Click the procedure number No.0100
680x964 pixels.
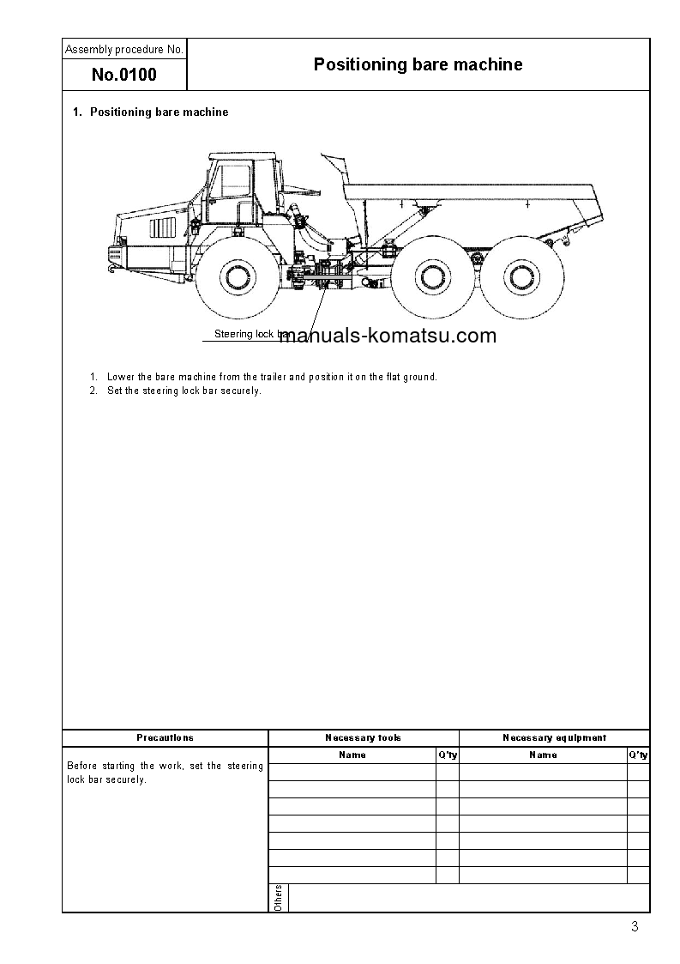[124, 75]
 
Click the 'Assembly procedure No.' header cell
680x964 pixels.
[124, 50]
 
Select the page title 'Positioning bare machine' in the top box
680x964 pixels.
[418, 64]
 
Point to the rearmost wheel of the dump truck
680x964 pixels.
[516, 276]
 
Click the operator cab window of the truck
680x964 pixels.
[232, 182]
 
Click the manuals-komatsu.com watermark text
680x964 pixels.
[388, 336]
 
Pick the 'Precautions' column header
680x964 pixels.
[165, 737]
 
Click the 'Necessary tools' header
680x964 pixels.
[364, 737]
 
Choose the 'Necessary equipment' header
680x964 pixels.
[554, 737]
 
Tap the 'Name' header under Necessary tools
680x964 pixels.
[352, 755]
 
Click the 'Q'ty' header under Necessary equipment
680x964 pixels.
[639, 755]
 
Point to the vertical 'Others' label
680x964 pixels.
[279, 897]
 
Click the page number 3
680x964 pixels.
[635, 926]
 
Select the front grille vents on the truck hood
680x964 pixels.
[163, 228]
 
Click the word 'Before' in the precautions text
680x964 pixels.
[82, 766]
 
